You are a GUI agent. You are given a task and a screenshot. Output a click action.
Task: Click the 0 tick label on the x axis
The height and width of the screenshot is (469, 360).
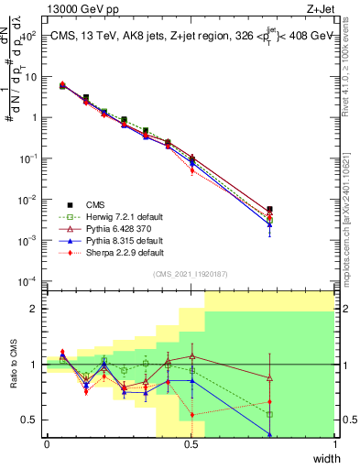coord(47,443)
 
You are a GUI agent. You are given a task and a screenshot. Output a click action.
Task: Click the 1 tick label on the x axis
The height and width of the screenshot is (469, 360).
coord(334,443)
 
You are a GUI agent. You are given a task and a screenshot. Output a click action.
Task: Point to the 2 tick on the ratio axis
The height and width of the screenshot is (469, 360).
coord(35,309)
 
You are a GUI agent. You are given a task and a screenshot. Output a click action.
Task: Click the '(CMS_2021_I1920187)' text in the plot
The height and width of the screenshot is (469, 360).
coord(191,274)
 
